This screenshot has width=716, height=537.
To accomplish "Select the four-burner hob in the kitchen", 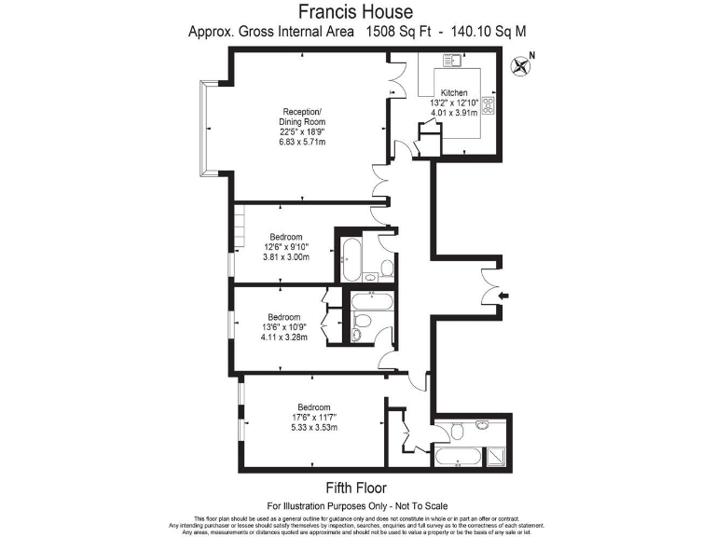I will (489, 105).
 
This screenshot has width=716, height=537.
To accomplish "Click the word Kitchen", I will (454, 93).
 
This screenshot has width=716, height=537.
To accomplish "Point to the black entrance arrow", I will (504, 296).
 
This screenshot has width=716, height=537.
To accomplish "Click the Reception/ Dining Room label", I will (303, 117).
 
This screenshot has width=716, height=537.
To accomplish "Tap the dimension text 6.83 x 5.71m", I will (302, 143).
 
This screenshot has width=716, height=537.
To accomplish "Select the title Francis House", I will (357, 12).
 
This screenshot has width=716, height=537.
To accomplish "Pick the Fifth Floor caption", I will (357, 488).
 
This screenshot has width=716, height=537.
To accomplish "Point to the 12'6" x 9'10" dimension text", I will (285, 247).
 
